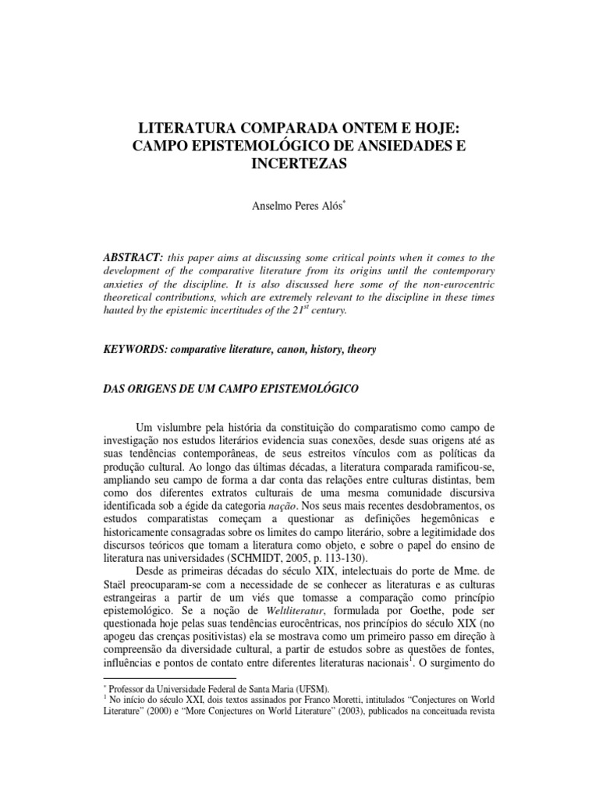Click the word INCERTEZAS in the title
tap(299, 165)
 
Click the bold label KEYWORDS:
tap(137, 350)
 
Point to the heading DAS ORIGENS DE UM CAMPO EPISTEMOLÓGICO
tap(243, 387)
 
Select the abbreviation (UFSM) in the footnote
tap(310, 687)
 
